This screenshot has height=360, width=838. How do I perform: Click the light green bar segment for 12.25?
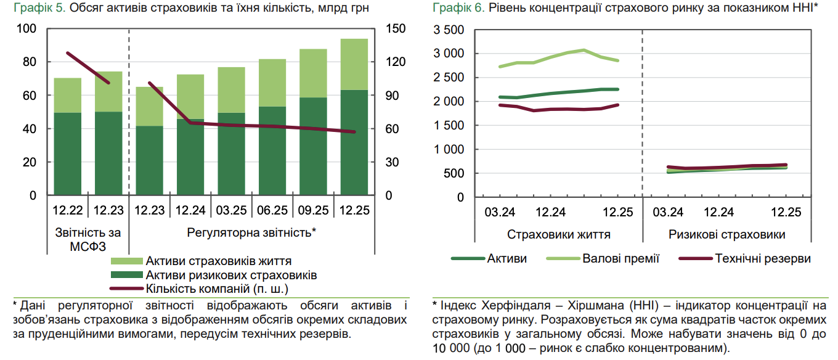(354, 64)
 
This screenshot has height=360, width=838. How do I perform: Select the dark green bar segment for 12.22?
(68, 154)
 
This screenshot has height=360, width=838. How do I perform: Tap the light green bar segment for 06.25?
(272, 83)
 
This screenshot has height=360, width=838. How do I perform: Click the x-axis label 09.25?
(313, 211)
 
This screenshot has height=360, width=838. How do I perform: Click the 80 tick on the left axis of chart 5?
(29, 62)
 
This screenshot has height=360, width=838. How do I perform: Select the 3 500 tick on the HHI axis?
(447, 30)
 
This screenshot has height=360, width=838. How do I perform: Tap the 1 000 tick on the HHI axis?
(447, 150)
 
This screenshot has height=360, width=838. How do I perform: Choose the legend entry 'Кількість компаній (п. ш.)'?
(218, 288)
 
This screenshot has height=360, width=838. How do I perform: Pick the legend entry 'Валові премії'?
(620, 258)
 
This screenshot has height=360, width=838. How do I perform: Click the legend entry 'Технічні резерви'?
(763, 258)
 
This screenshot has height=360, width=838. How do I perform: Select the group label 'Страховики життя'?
(559, 235)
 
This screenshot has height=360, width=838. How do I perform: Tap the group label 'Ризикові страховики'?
(726, 235)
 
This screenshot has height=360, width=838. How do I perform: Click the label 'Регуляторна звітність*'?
(251, 232)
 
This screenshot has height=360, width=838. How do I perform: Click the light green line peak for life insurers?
(584, 50)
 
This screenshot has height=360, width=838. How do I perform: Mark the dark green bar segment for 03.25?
(231, 154)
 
